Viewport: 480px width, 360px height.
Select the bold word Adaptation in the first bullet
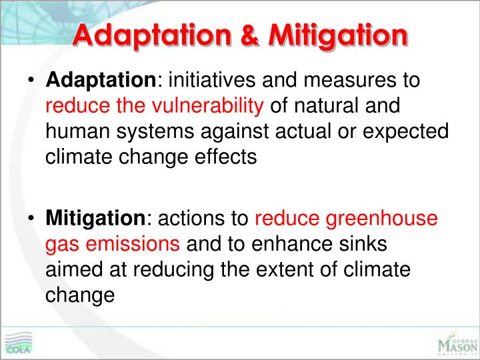100,81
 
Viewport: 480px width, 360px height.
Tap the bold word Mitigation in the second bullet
94,218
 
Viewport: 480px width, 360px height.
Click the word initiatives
209,81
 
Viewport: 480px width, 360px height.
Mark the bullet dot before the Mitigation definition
31,219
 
